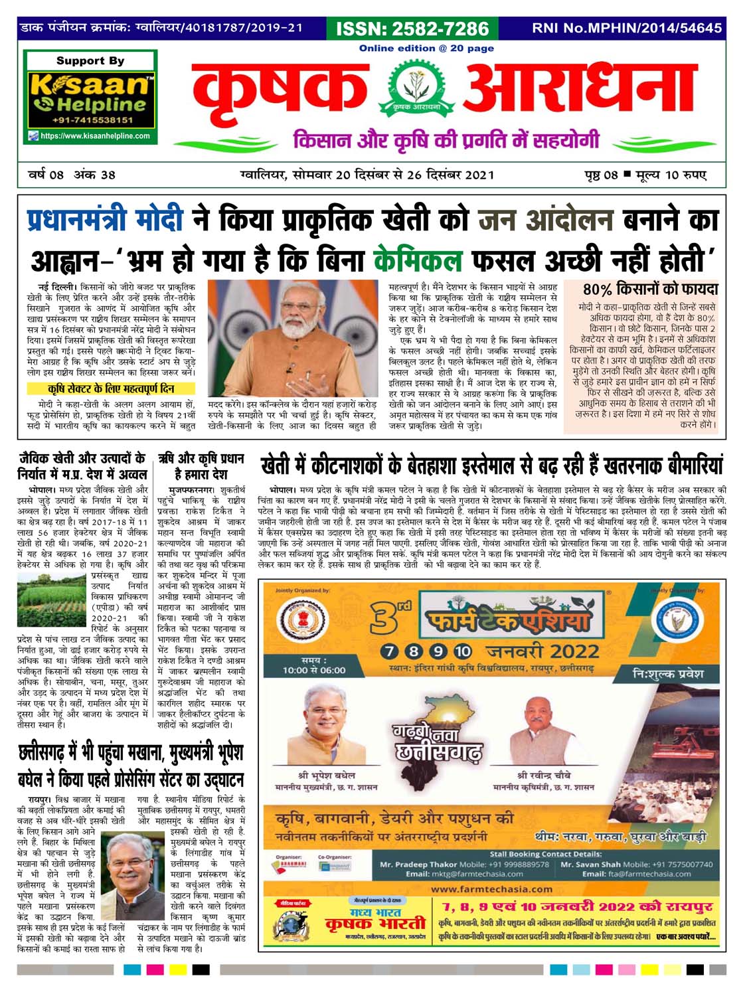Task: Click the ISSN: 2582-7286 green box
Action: [413, 29]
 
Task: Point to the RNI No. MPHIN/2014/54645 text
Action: [626, 29]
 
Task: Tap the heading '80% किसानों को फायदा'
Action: [650, 290]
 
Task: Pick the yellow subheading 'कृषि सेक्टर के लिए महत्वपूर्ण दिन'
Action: [111, 388]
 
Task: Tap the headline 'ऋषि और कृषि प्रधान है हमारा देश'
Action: [201, 466]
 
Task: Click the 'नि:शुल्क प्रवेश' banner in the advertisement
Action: [667, 673]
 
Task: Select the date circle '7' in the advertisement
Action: [390, 651]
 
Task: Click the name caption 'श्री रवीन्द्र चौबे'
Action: [544, 775]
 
